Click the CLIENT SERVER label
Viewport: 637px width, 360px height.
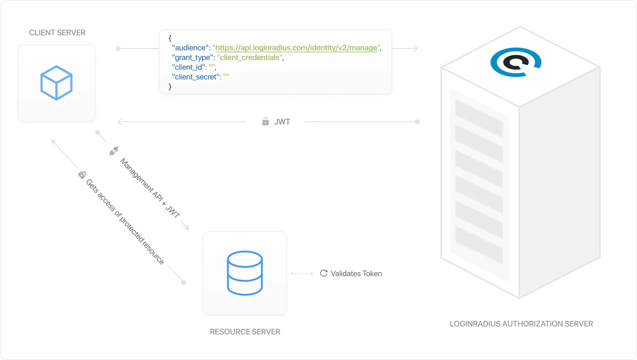(x=57, y=33)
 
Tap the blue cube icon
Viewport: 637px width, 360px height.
(x=56, y=83)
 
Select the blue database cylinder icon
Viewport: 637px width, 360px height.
(x=245, y=273)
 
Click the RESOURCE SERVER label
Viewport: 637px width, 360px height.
(x=245, y=332)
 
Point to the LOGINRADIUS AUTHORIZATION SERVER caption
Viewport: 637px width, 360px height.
(x=521, y=324)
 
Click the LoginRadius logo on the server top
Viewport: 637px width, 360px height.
(x=516, y=63)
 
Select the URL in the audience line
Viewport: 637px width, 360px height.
(x=296, y=48)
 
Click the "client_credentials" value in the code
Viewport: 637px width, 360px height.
(x=249, y=57)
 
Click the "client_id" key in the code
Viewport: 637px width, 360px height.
(x=188, y=67)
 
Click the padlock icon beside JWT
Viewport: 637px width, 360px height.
(x=266, y=121)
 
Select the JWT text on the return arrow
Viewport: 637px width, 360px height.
(x=282, y=121)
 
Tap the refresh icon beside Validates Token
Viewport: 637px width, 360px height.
(x=323, y=274)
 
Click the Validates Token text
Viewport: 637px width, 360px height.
(x=356, y=274)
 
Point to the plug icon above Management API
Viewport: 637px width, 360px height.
(x=113, y=151)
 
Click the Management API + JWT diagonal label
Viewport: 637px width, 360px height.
(x=150, y=188)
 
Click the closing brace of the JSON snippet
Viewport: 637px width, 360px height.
(x=170, y=86)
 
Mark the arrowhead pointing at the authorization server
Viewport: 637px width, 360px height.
(x=415, y=49)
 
